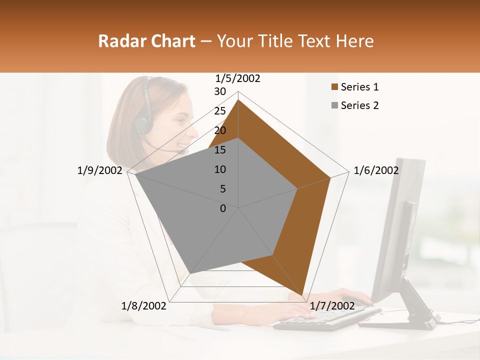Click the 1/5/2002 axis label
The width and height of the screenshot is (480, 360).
pyautogui.click(x=237, y=78)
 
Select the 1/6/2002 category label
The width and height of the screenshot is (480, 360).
pyautogui.click(x=376, y=170)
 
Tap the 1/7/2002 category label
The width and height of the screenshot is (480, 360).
pyautogui.click(x=332, y=305)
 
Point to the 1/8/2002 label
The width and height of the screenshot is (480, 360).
pyautogui.click(x=143, y=305)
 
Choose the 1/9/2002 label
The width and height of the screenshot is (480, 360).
pyautogui.click(x=99, y=170)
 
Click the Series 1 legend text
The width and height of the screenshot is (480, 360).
pyautogui.click(x=359, y=87)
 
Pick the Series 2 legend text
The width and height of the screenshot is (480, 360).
pyautogui.click(x=359, y=105)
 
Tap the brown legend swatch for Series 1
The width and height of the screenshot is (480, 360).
pyautogui.click(x=335, y=87)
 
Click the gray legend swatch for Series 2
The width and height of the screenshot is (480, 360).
pyautogui.click(x=335, y=106)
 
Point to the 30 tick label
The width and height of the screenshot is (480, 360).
pyautogui.click(x=220, y=91)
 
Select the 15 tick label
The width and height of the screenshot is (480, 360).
pyautogui.click(x=220, y=150)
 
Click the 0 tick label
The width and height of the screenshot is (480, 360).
pyautogui.click(x=223, y=208)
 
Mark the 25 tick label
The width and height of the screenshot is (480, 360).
pyautogui.click(x=220, y=111)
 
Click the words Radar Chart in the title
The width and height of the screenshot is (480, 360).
pyautogui.click(x=146, y=41)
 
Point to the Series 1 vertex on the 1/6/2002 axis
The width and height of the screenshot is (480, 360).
pyautogui.click(x=330, y=177)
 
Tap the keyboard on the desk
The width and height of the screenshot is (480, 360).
pyautogui.click(x=327, y=318)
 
